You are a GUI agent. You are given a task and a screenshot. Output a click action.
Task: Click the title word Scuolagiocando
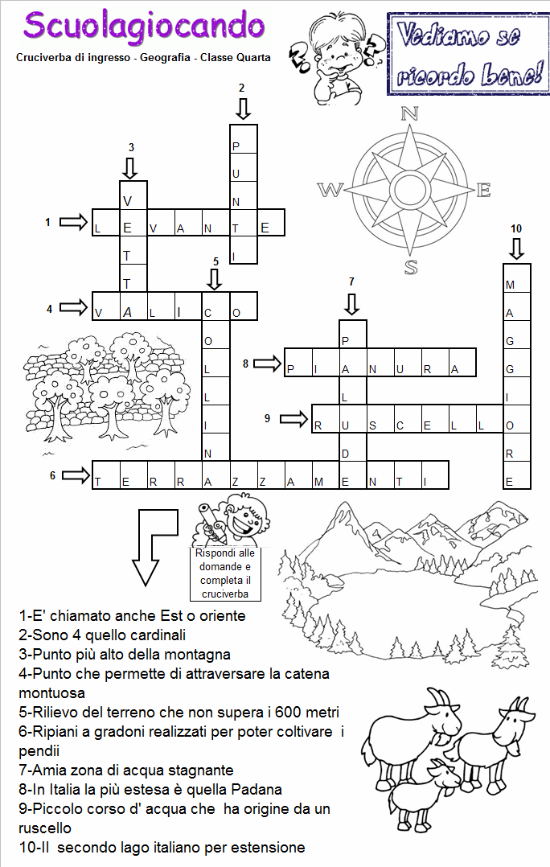tap(144, 26)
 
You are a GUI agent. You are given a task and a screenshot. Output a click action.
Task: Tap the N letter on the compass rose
tap(410, 113)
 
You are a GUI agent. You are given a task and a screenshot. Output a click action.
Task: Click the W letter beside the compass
tap(330, 190)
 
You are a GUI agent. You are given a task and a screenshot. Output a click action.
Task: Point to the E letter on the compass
tap(483, 190)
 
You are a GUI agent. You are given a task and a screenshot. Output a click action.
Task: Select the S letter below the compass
tap(411, 267)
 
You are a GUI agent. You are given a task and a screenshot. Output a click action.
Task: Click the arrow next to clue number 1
tap(74, 222)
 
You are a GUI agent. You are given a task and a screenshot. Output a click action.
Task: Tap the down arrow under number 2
tap(243, 109)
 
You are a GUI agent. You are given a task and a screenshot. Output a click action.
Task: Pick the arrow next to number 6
tap(75, 475)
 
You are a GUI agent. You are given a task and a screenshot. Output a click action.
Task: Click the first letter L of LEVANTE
tap(97, 229)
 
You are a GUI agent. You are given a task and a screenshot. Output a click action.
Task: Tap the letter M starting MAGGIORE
tap(510, 286)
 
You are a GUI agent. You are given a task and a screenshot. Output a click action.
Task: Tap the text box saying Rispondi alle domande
tap(225, 573)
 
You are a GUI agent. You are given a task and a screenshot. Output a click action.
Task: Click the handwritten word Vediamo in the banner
tap(459, 36)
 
